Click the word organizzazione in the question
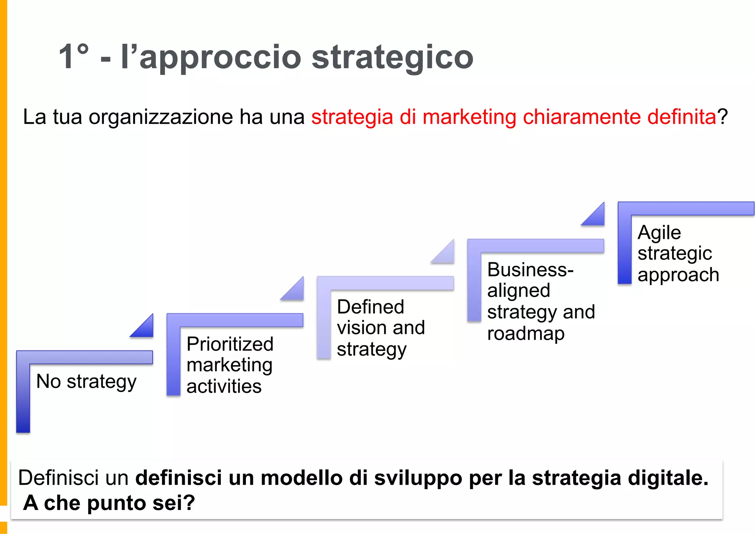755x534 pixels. click(161, 117)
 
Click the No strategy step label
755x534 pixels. click(86, 381)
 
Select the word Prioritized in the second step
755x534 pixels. click(230, 344)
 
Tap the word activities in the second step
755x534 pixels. click(224, 386)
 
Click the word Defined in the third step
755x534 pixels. click(370, 307)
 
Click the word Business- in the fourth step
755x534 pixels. click(530, 269)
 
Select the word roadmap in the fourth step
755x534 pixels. click(526, 334)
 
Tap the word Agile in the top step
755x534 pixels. click(659, 232)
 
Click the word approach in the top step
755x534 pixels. click(678, 275)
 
